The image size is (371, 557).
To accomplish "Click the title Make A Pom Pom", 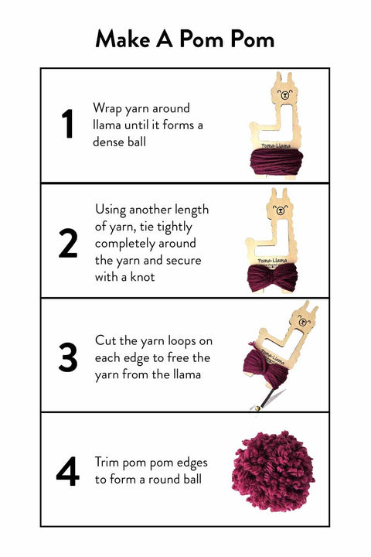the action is (x=185, y=39).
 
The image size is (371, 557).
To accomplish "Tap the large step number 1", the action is (x=67, y=124).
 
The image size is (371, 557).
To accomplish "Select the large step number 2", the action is (x=68, y=243).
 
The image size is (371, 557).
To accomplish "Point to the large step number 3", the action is (x=68, y=357).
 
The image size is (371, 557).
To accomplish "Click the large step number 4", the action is (x=68, y=471).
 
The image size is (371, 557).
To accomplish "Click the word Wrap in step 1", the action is (x=107, y=108).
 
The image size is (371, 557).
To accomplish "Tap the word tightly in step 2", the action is (x=175, y=227).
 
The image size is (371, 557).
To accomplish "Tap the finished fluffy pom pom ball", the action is (x=273, y=471).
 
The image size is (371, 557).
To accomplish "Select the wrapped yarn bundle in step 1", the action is (x=276, y=162).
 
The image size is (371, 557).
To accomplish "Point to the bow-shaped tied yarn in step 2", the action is (x=272, y=278).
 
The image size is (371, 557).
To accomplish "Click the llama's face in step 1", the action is (x=284, y=94).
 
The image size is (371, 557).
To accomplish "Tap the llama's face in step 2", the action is (x=281, y=210).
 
